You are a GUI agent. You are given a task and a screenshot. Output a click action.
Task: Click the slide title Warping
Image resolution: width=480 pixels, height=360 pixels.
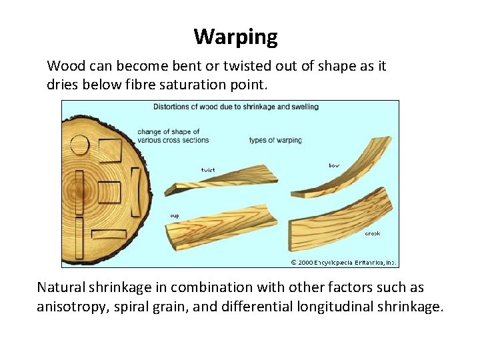click(235, 37)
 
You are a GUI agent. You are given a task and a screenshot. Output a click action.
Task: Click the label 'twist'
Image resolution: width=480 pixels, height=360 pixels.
click(208, 169)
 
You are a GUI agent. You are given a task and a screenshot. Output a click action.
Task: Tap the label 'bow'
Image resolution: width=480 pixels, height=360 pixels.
click(333, 165)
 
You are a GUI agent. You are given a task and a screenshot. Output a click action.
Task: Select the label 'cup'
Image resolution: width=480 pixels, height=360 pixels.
click(174, 215)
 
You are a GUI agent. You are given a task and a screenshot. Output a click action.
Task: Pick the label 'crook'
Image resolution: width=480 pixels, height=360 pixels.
click(372, 233)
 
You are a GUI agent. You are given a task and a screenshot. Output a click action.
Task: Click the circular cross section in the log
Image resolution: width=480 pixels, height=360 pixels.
click(79, 144)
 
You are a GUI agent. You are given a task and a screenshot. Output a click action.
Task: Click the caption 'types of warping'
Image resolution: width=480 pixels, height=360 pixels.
click(275, 140)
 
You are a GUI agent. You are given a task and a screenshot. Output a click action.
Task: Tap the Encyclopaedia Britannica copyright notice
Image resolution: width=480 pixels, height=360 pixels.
click(343, 262)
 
